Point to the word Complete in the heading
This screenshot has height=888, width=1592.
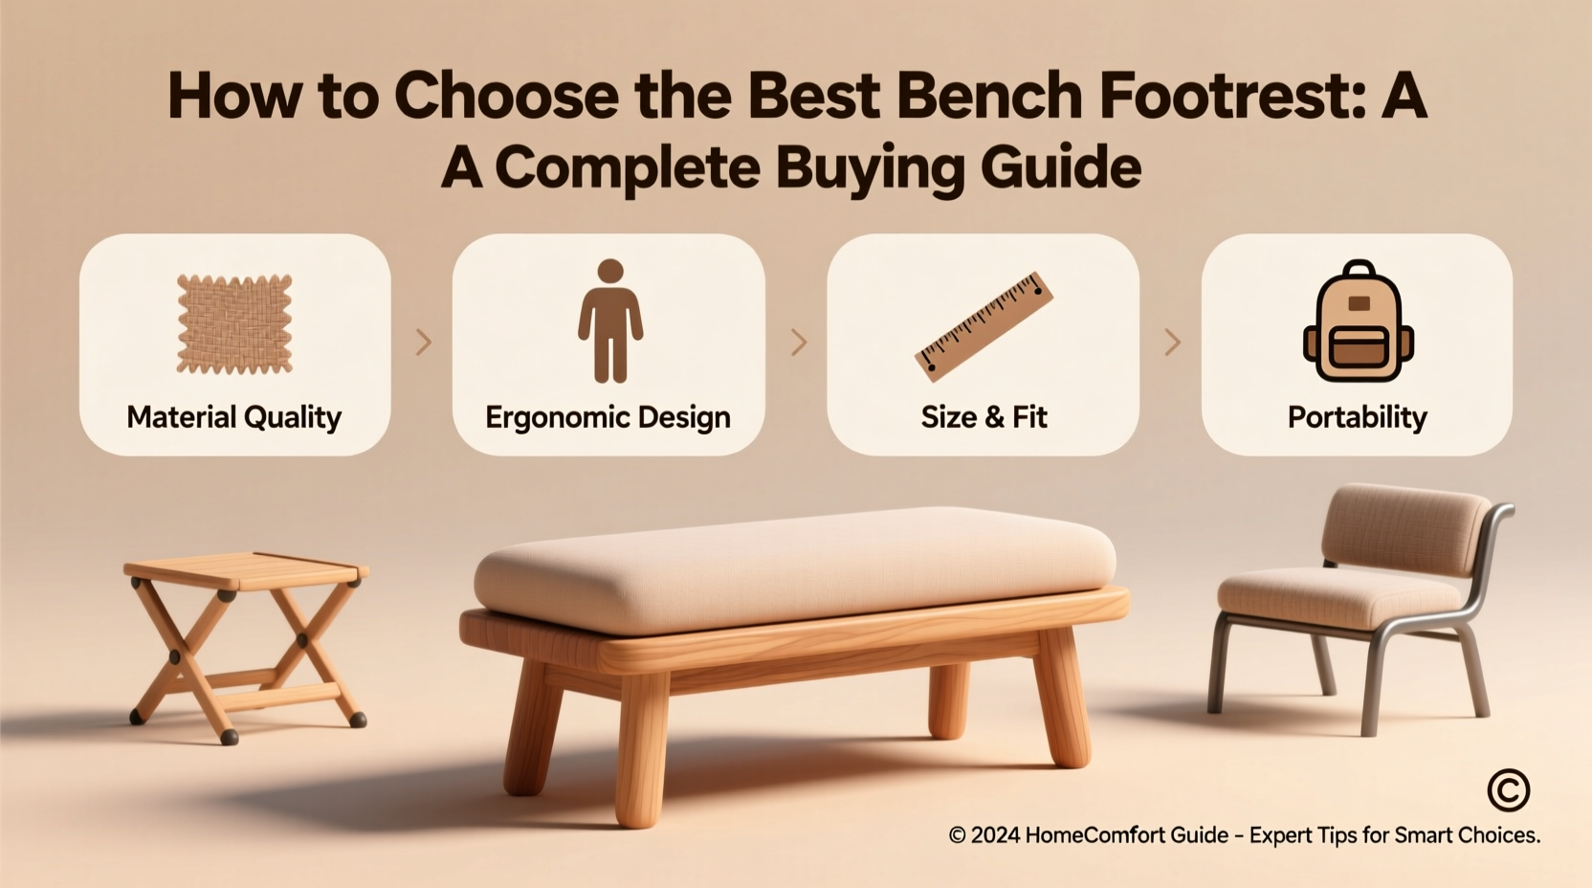coord(627,168)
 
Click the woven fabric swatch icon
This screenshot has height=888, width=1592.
coord(234,323)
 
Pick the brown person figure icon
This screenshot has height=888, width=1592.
coord(609,321)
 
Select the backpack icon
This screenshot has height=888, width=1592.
coord(1358,322)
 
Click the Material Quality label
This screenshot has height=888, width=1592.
coord(234,417)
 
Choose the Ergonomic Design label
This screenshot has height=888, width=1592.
coord(608,417)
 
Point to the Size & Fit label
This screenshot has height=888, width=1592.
coord(984,417)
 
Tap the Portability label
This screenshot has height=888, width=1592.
coord(1357,417)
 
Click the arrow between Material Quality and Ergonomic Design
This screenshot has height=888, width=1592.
coord(423,343)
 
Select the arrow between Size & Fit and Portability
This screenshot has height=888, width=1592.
coord(1171,343)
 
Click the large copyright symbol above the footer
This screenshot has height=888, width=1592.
coord(1509,790)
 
